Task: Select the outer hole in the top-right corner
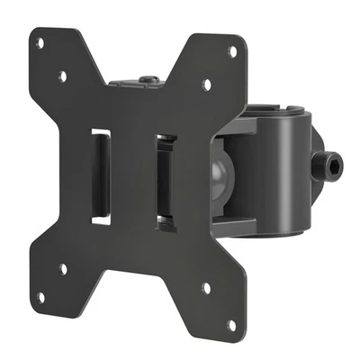(x=233, y=51)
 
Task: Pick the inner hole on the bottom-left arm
(x=62, y=267)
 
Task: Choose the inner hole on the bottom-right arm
(x=206, y=289)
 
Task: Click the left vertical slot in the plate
(x=101, y=176)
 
